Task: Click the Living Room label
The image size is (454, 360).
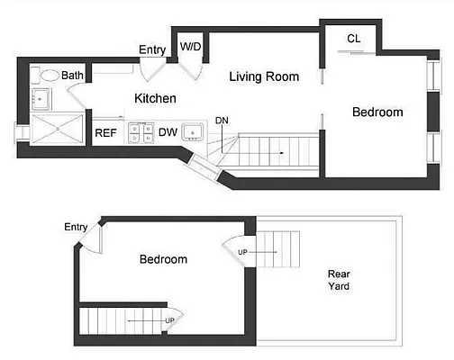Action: (263, 76)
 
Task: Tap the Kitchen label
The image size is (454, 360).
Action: (155, 98)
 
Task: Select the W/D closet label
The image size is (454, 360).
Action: (190, 46)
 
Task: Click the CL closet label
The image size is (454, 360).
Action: (354, 39)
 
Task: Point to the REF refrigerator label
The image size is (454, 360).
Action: (107, 133)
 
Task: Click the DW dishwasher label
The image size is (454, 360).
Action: (168, 133)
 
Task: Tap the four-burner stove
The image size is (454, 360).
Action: (140, 133)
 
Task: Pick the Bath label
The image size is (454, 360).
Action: (73, 76)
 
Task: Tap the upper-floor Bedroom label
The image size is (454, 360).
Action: (377, 112)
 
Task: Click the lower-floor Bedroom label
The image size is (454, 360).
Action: (163, 259)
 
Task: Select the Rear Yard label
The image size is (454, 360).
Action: (339, 280)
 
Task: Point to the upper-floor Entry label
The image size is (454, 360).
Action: (151, 49)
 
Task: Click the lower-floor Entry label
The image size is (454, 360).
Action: (76, 227)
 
